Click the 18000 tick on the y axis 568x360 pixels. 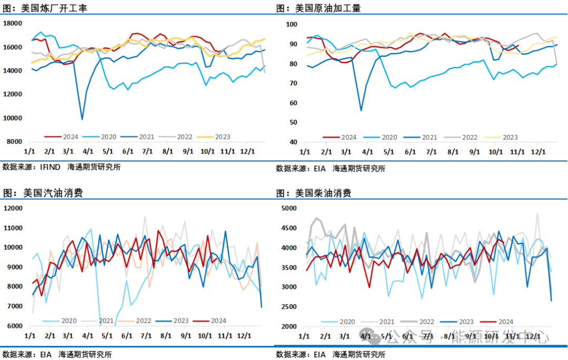click(x=12, y=24)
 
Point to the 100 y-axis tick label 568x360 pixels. click(x=292, y=25)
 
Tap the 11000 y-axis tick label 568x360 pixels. click(x=12, y=228)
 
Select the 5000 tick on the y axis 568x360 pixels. click(x=289, y=209)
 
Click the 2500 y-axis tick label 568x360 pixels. click(x=289, y=306)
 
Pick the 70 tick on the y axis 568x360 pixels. click(x=293, y=84)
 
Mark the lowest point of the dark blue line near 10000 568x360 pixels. click(x=82, y=119)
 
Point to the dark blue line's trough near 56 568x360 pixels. click(x=361, y=110)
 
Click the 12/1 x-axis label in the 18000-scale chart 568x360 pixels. click(x=247, y=151)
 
